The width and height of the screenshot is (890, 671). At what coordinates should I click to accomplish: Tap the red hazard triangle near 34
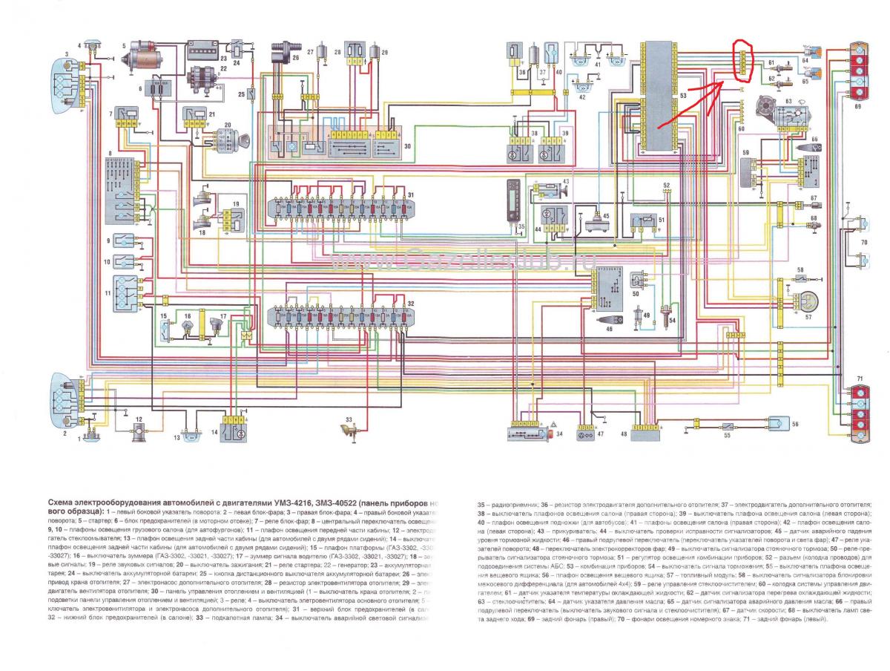pyautogui.click(x=554, y=422)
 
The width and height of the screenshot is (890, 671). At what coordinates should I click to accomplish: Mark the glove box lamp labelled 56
pyautogui.click(x=777, y=425)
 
